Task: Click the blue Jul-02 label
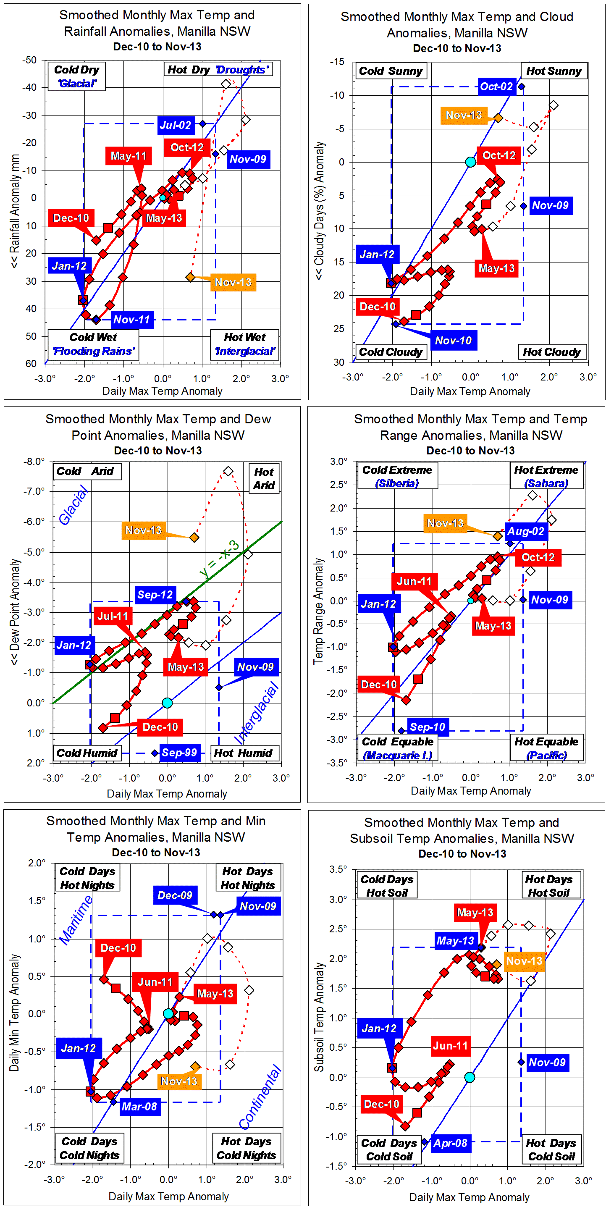(x=175, y=125)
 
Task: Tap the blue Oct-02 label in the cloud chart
(x=496, y=87)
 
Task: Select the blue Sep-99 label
(x=179, y=753)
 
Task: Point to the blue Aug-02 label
(x=525, y=531)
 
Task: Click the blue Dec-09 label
(x=175, y=895)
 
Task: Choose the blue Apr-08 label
(x=450, y=1143)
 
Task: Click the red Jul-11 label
(x=113, y=616)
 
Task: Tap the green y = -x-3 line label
(x=219, y=559)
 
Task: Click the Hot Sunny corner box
(x=554, y=71)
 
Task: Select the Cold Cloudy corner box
(x=391, y=352)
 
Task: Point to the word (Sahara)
(x=546, y=483)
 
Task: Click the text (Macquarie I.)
(x=397, y=755)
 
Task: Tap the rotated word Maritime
(x=76, y=919)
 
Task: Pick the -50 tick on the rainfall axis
(x=29, y=60)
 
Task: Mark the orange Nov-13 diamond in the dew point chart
(x=194, y=537)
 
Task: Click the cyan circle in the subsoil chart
(x=470, y=1077)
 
